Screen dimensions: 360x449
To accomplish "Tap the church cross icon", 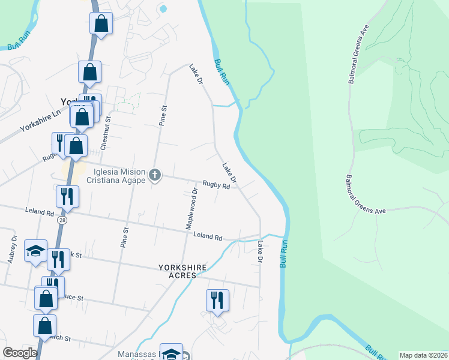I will pyautogui.click(x=155, y=175).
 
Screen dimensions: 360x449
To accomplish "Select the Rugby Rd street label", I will pyautogui.click(x=216, y=185).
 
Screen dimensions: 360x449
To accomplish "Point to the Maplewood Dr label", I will pyautogui.click(x=191, y=209).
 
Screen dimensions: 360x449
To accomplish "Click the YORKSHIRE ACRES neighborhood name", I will pyautogui.click(x=182, y=271).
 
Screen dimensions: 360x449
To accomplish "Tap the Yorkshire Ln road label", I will pyautogui.click(x=40, y=120).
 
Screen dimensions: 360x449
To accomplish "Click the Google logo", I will pyautogui.click(x=20, y=353).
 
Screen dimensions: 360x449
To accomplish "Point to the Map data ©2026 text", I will pyautogui.click(x=423, y=355).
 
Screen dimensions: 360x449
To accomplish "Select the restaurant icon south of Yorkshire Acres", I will pyautogui.click(x=217, y=300).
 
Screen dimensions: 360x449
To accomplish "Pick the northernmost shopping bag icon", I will pyautogui.click(x=101, y=24).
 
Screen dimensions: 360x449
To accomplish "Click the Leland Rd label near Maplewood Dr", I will pyautogui.click(x=208, y=236).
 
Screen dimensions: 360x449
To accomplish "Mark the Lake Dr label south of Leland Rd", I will pyautogui.click(x=261, y=251).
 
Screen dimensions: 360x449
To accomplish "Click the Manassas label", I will pyautogui.click(x=137, y=354).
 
